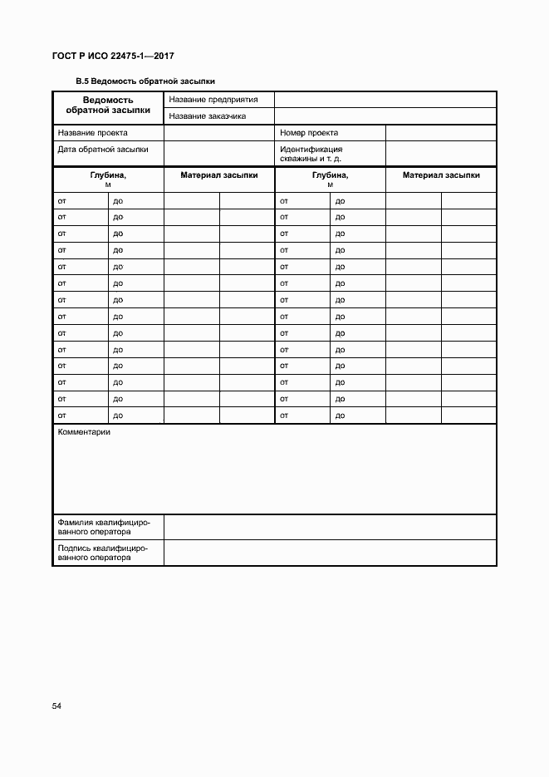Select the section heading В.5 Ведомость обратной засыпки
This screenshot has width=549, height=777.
pyautogui.click(x=145, y=81)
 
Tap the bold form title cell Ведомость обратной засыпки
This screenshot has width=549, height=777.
pyautogui.click(x=108, y=105)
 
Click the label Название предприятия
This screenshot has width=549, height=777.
pyautogui.click(x=213, y=100)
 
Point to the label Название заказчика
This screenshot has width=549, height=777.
pyautogui.click(x=208, y=116)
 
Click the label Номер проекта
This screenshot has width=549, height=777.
pyautogui.click(x=309, y=133)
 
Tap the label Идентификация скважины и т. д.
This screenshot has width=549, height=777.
pyautogui.click(x=312, y=154)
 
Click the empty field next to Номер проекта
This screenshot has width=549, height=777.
pyautogui.click(x=440, y=133)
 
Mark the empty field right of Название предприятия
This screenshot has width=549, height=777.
pyautogui.click(x=385, y=100)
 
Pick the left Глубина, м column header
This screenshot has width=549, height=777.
pyautogui.click(x=108, y=179)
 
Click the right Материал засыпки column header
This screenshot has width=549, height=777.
pyautogui.click(x=441, y=175)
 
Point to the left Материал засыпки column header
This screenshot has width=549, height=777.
pyautogui.click(x=219, y=175)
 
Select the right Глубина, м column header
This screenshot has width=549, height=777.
pyautogui.click(x=330, y=179)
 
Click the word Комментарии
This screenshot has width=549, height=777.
pyautogui.click(x=84, y=432)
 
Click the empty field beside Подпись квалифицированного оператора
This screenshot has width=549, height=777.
pyautogui.click(x=330, y=553)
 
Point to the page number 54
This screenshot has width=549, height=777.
pyautogui.click(x=57, y=706)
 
